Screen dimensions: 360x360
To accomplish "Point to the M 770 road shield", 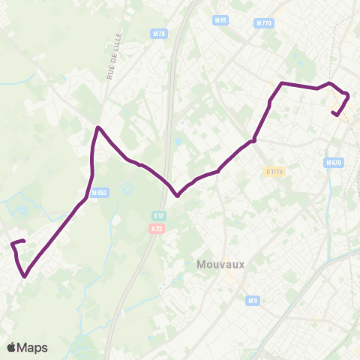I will tap(264, 23).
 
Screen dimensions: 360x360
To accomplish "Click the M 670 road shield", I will tap(334, 162).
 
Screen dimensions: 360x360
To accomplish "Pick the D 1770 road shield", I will tap(275, 172).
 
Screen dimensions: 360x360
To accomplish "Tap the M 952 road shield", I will tap(98, 193).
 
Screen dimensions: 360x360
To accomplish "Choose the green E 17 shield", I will tap(157, 214).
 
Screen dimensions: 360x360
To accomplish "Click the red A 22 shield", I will tap(157, 228).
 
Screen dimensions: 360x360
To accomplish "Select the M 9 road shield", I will tap(253, 301).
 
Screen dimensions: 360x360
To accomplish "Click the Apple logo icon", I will tap(12, 347).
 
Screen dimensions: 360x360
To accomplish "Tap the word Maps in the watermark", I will tap(33, 347).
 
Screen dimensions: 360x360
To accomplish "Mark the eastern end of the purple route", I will tap(332, 112).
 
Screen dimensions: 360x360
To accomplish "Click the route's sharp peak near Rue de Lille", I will tap(97, 127).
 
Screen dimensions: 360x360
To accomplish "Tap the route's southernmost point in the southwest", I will tap(25, 276).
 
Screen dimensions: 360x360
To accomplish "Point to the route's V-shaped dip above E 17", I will tap(177, 196).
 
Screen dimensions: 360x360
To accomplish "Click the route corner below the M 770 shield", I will tap(281, 82).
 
